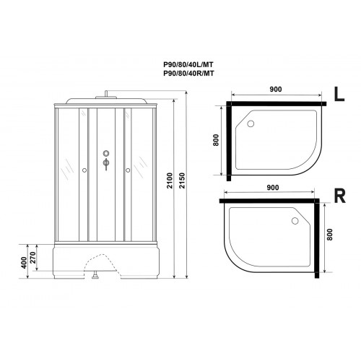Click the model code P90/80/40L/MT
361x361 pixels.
click(x=188, y=64)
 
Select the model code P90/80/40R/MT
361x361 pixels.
click(x=188, y=73)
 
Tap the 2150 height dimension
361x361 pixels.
click(x=182, y=180)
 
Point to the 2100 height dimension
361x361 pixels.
click(x=170, y=180)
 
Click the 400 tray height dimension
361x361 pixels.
click(x=24, y=263)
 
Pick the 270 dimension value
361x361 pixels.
click(x=32, y=258)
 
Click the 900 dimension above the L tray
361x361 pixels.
click(x=276, y=90)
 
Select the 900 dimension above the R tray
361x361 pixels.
click(x=273, y=188)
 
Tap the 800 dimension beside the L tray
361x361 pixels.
click(x=216, y=140)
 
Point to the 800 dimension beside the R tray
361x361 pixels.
click(x=330, y=235)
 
